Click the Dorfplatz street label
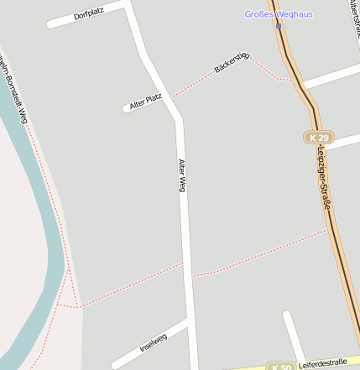[x=88, y=15]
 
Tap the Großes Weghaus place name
[x=278, y=13]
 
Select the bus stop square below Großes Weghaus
[x=279, y=25]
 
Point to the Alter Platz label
[x=145, y=101]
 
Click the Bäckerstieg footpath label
[x=232, y=61]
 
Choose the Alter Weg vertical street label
[x=181, y=175]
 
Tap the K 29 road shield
[x=319, y=137]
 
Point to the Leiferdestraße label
[x=322, y=362]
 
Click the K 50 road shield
[x=280, y=367]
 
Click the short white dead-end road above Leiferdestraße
[x=294, y=336]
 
